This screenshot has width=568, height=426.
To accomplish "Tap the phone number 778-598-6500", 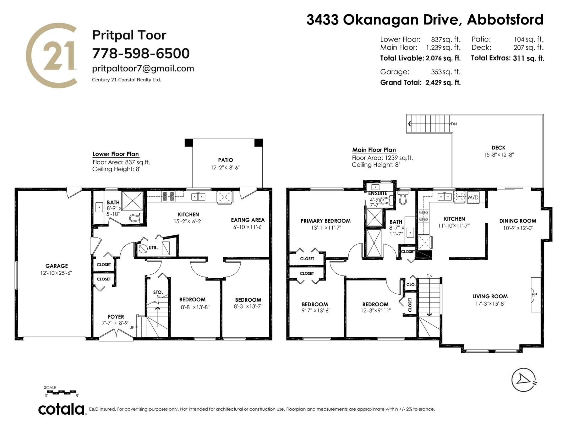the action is point(141,53).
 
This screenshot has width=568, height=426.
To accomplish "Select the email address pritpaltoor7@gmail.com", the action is point(143,69).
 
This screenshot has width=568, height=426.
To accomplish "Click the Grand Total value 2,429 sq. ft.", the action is point(443,82).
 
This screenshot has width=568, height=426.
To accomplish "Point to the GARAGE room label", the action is point(56,266).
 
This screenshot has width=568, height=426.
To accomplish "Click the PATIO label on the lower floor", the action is point(225,160).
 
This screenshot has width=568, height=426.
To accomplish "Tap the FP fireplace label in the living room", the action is point(534,295).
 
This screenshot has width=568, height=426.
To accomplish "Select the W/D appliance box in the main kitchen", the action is point(473,197).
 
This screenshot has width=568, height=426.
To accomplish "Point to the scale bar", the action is point(61,392).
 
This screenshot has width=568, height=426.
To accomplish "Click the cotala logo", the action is point(61,410).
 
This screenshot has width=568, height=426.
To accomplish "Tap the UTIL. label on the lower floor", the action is point(153,248).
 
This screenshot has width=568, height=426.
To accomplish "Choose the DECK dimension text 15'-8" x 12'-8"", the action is point(499,155).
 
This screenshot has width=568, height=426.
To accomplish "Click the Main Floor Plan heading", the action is point(374,150).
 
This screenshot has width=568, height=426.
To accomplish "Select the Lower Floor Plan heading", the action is point(116,154).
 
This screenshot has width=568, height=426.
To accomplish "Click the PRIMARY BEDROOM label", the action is point(326,221).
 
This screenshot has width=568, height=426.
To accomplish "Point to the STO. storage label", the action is point(158,292).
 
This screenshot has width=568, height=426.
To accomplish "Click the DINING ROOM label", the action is point(518,221).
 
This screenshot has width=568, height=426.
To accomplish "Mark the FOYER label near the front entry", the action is point(116,317).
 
